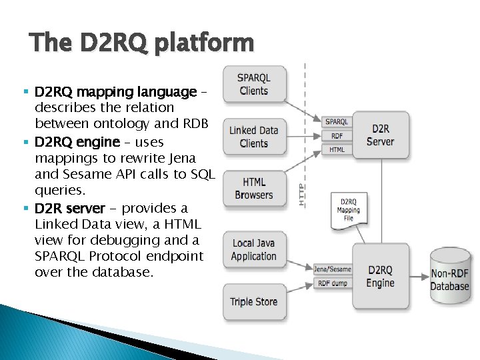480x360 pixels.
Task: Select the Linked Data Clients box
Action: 253,137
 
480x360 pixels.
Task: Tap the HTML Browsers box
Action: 253,188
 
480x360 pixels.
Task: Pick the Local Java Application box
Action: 253,249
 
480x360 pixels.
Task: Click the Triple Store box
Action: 253,301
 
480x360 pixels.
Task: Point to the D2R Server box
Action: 380,135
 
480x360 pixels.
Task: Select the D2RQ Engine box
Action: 380,276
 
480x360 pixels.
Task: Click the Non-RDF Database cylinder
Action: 449,279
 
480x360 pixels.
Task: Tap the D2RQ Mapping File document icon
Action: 349,210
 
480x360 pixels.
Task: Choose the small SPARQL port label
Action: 337,122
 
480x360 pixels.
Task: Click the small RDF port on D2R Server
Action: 337,136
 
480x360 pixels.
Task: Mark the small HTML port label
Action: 337,150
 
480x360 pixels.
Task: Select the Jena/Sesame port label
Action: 332,269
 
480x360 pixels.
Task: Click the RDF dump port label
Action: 332,283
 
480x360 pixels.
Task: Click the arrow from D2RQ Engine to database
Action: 419,276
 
